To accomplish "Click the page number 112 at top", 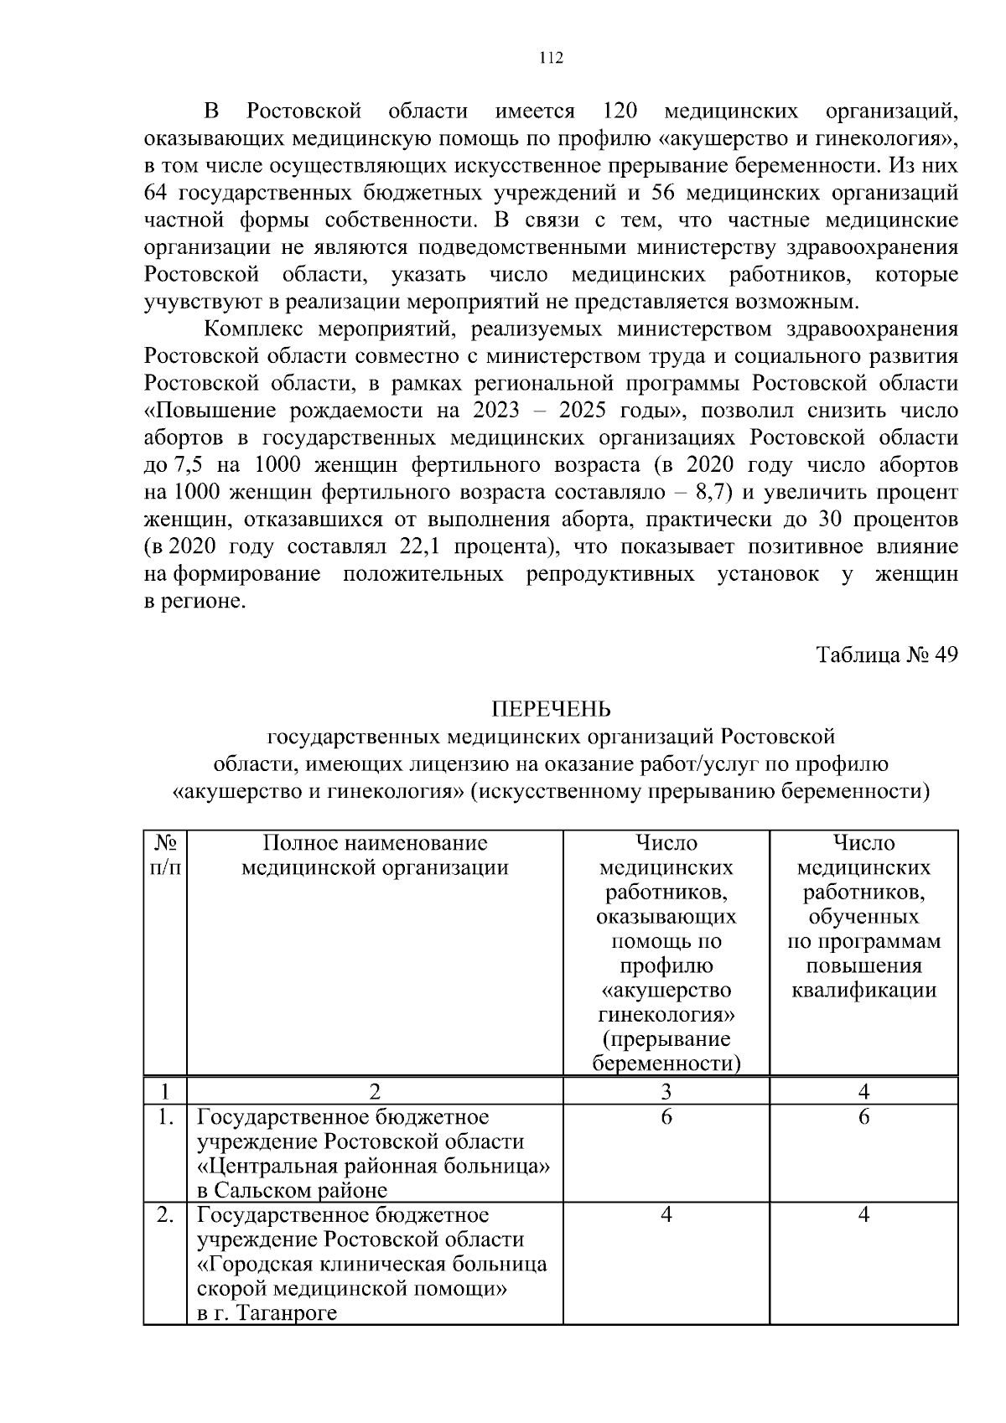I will (x=551, y=58).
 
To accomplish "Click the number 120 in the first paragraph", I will (x=621, y=111).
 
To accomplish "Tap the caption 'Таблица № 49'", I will (x=887, y=655).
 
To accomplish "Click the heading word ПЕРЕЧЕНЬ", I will (x=551, y=710).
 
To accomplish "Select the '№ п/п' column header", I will (x=165, y=855).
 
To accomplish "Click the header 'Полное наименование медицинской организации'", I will (x=375, y=855).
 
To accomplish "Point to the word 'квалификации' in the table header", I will (x=863, y=991).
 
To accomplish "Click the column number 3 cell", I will (x=666, y=1091).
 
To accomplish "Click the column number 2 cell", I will (x=375, y=1091).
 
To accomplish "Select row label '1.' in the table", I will (x=166, y=1117).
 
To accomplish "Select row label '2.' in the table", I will (x=166, y=1215).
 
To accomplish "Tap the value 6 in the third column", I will (x=666, y=1117).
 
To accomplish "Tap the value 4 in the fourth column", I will (x=863, y=1215).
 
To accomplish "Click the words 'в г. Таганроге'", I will (x=267, y=1313).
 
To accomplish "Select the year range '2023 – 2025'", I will (x=536, y=411).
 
